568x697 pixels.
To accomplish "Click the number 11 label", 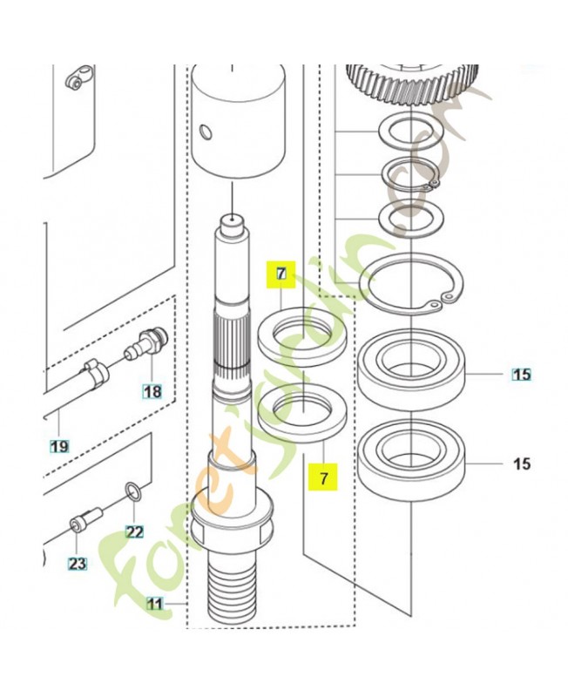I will (x=154, y=603).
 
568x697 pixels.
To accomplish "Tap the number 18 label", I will (x=152, y=392).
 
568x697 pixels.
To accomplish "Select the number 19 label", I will (x=58, y=447).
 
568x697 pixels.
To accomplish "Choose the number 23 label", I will (x=78, y=564).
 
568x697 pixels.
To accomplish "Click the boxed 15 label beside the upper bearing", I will (x=521, y=376).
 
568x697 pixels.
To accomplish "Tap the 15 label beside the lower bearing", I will (x=521, y=464).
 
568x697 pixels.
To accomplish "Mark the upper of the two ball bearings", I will (x=415, y=371).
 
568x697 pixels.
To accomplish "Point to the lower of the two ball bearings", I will (x=413, y=460).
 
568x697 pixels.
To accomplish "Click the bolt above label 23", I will (x=85, y=520).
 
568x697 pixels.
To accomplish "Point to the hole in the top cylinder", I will (x=204, y=132).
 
